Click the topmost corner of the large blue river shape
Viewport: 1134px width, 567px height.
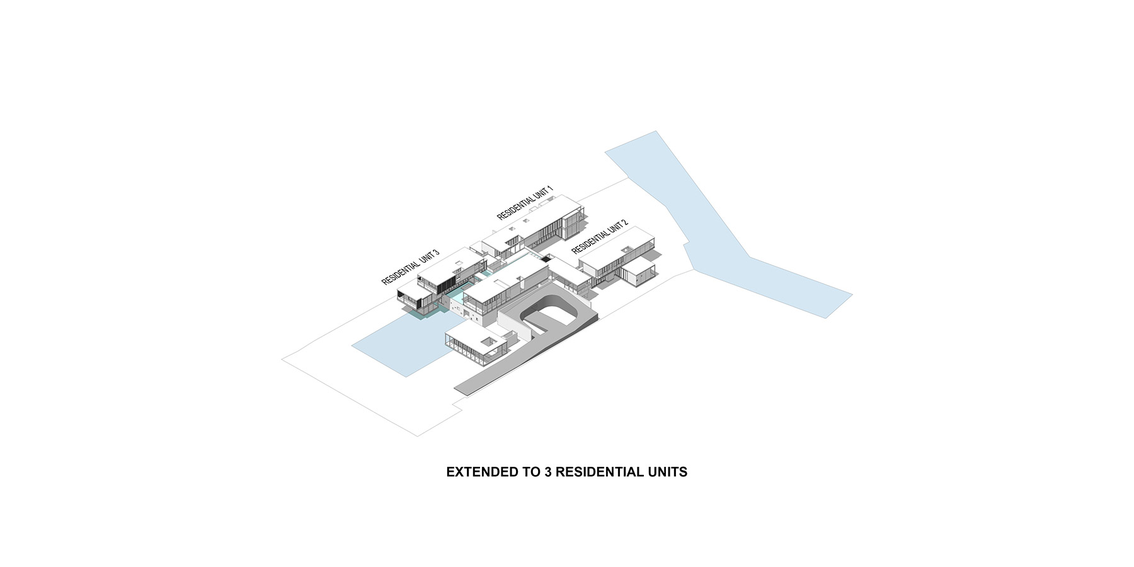click(x=656, y=131)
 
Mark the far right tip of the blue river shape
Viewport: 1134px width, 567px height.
click(x=852, y=294)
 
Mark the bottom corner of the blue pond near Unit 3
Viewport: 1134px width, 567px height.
click(x=405, y=377)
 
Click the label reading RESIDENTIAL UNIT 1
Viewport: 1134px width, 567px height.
click(x=525, y=202)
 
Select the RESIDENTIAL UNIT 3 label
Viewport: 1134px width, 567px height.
click(x=410, y=267)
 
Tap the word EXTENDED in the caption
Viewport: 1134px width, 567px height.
click(x=477, y=472)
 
